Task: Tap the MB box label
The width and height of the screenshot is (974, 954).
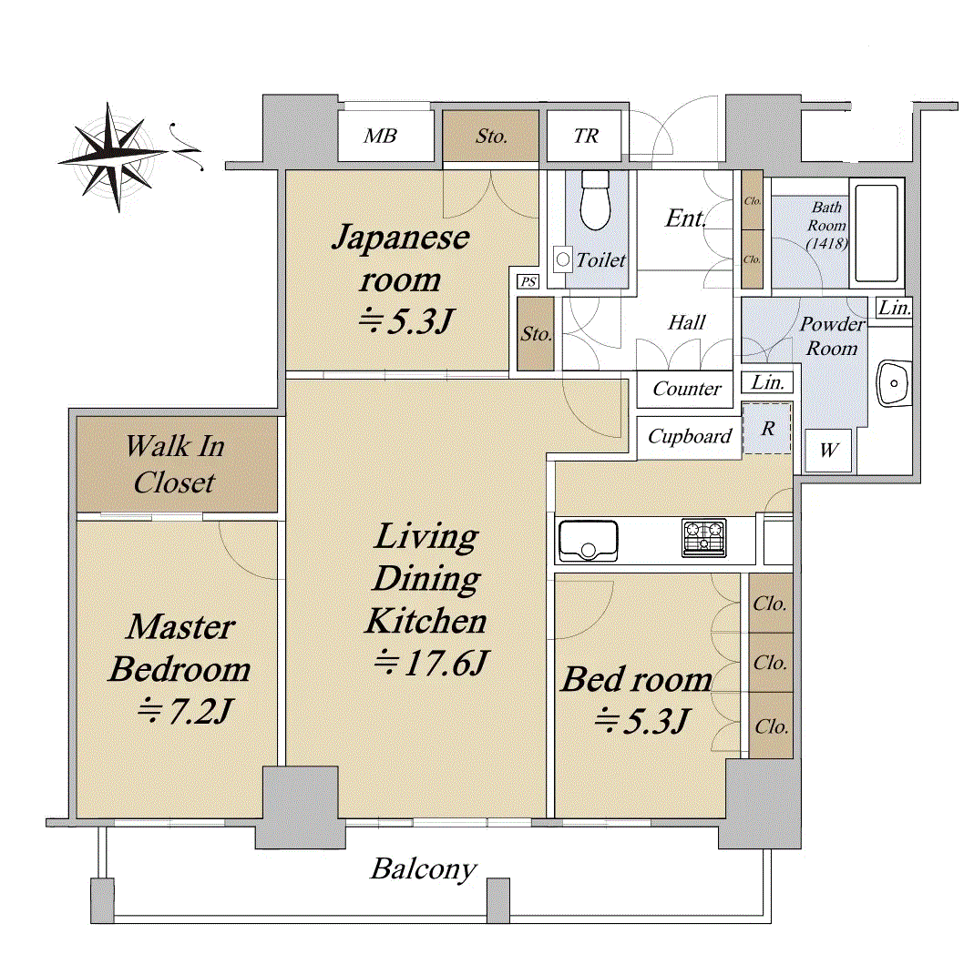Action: tap(380, 137)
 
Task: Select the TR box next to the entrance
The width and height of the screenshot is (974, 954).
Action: tap(586, 137)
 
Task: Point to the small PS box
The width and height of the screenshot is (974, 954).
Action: tap(528, 282)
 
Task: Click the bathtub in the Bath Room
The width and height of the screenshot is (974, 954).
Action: tap(877, 233)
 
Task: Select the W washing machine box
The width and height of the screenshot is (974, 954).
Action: tap(828, 451)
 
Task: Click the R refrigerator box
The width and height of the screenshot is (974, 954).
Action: tap(767, 429)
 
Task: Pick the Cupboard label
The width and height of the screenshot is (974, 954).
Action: tap(690, 437)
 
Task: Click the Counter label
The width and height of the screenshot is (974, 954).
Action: tap(687, 389)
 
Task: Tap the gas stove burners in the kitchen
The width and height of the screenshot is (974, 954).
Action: tap(703, 538)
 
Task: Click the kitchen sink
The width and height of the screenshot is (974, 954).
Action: tap(588, 541)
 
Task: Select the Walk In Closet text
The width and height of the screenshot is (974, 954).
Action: tap(174, 464)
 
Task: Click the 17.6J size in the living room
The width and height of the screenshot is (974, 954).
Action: tap(434, 664)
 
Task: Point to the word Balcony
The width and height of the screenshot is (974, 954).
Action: tap(423, 868)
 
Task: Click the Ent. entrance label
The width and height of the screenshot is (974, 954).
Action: tap(685, 218)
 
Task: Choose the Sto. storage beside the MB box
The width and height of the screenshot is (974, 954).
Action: tap(491, 137)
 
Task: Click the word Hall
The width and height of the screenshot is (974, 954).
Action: tap(686, 322)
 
